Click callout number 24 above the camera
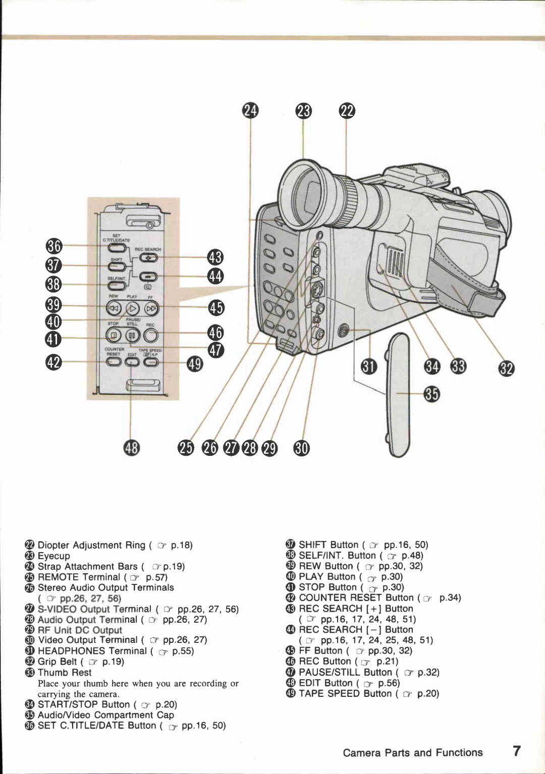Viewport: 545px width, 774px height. [250, 110]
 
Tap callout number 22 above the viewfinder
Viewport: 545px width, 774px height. [347, 110]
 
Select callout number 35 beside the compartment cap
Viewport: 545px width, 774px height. [431, 394]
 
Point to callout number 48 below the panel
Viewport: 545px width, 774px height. [131, 447]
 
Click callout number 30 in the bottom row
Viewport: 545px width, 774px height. [301, 447]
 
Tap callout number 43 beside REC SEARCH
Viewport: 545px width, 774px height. [215, 257]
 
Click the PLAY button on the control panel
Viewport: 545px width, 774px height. [132, 308]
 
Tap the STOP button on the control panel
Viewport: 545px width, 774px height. [114, 334]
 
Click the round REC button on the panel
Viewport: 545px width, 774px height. [150, 334]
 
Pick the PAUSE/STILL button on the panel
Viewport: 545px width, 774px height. [132, 334]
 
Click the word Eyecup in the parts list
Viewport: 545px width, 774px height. [54, 556]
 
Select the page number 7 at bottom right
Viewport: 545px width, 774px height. [517, 751]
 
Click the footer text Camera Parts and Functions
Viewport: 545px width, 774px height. [412, 752]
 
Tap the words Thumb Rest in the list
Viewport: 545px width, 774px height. [65, 672]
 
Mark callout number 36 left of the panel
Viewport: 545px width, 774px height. [53, 246]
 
